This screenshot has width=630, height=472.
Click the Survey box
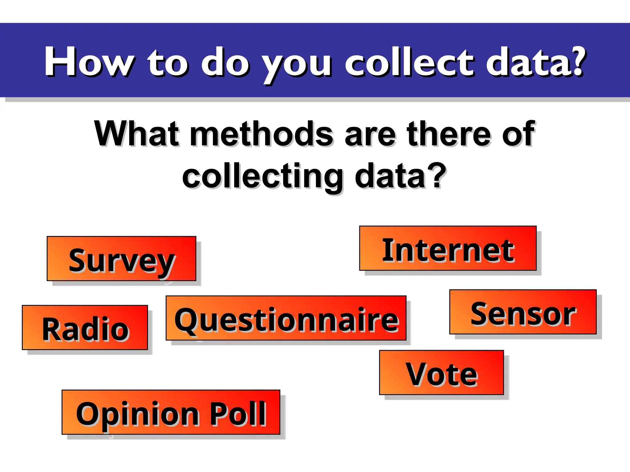pyautogui.click(x=121, y=258)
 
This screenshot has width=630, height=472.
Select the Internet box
pyautogui.click(x=448, y=248)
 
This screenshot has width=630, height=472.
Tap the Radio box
pyautogui.click(x=85, y=328)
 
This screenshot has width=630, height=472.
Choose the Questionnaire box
pyautogui.click(x=286, y=318)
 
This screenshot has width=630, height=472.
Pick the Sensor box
pyautogui.click(x=523, y=312)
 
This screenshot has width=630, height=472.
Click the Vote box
pyautogui.click(x=441, y=372)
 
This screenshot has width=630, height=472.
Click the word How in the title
pyautogui.click(x=89, y=61)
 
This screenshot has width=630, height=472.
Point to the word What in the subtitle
pyautogui.click(x=137, y=134)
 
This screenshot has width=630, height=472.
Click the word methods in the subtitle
pyautogui.click(x=261, y=134)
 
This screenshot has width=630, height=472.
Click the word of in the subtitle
pyautogui.click(x=519, y=134)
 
